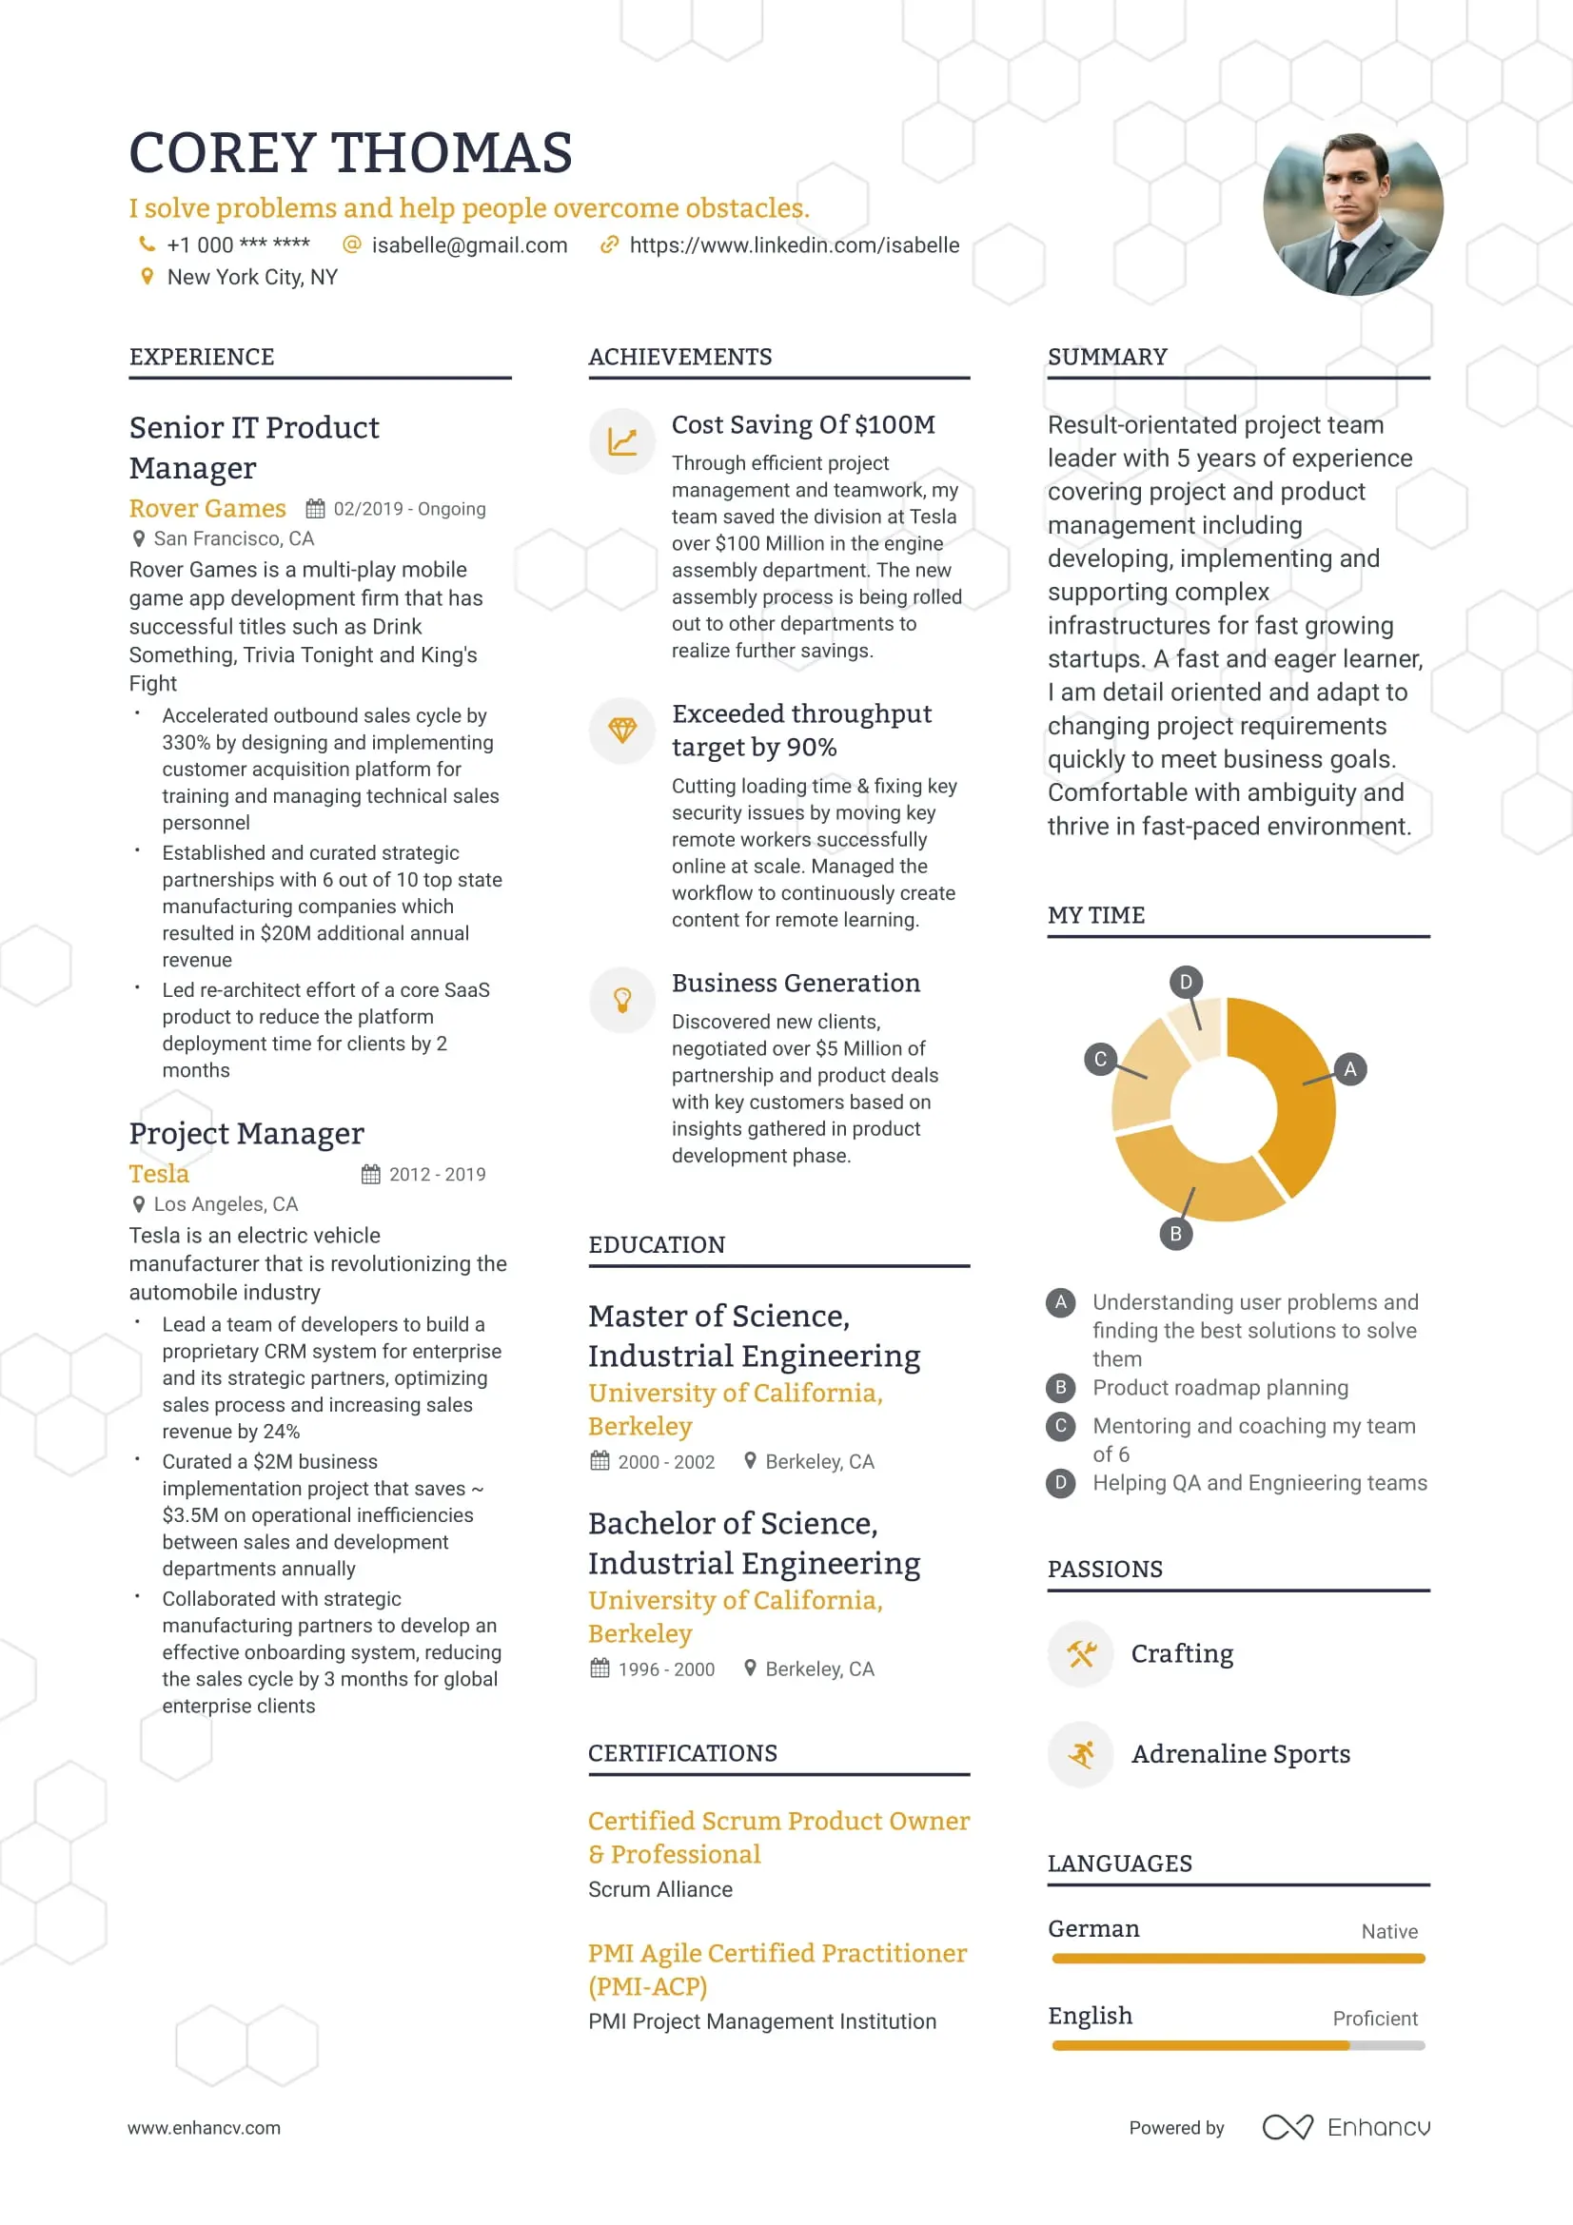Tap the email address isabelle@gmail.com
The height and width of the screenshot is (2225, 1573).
coord(469,245)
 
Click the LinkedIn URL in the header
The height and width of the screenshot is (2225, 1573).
coord(794,245)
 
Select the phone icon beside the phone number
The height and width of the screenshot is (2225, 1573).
coord(147,244)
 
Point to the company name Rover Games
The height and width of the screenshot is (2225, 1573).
coord(207,509)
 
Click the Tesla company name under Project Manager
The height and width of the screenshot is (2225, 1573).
coord(159,1174)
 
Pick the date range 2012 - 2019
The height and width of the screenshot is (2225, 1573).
coord(437,1175)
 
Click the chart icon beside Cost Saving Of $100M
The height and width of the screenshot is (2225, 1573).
coord(622,442)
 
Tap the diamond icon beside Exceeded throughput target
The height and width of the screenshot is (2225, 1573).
coord(622,730)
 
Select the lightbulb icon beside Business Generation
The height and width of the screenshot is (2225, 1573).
coord(622,999)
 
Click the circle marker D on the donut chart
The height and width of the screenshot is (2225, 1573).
coord(1186,982)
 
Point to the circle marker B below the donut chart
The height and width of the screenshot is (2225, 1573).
coord(1175,1234)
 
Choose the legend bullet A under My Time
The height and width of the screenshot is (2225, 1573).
coord(1060,1302)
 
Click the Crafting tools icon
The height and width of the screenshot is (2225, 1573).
coord(1081,1653)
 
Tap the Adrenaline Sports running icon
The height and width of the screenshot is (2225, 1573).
coord(1081,1754)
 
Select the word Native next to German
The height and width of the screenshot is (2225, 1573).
coord(1388,1931)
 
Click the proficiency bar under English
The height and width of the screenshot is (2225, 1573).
coord(1238,2046)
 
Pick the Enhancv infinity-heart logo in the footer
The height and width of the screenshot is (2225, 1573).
coord(1288,2127)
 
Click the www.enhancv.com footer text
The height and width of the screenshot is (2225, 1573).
coord(204,2128)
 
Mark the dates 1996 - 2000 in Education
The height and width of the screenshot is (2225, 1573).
coord(666,1669)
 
